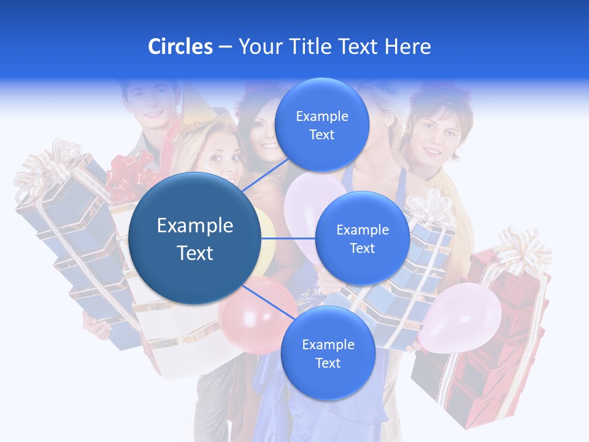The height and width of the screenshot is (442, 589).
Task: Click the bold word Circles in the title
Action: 180,47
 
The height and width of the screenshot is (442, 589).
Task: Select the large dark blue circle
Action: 195,238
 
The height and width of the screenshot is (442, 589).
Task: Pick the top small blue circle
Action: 321,125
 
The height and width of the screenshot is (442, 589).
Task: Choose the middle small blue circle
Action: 362,239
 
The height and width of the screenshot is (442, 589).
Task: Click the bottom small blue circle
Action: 328,354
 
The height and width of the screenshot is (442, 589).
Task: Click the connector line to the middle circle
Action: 288,238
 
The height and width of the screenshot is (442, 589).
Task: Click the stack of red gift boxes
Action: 485,344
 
